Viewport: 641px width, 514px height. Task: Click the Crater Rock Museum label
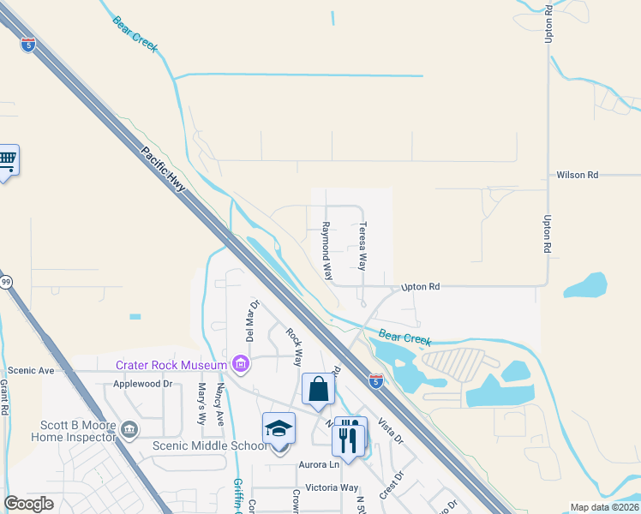point(172,365)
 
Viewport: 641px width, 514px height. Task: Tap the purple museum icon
point(241,366)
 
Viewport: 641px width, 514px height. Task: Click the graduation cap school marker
point(279,428)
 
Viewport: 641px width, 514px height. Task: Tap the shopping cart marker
point(7,160)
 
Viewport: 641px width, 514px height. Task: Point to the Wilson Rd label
point(577,175)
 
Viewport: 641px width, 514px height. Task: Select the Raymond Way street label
point(326,250)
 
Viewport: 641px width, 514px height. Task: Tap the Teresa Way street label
point(362,247)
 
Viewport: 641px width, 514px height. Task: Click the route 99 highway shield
point(6,281)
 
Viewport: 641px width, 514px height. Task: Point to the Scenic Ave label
point(31,371)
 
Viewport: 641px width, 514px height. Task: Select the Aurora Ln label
point(319,464)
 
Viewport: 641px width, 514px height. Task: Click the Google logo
point(29,504)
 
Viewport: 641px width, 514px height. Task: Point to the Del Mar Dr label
point(254,319)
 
